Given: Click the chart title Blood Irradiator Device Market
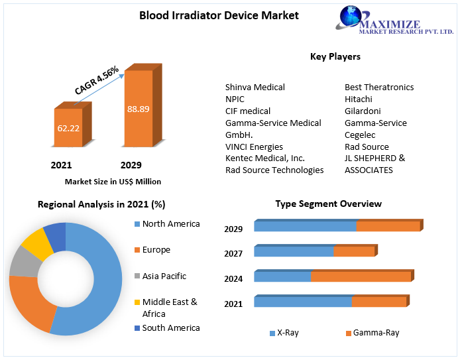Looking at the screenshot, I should (x=209, y=15).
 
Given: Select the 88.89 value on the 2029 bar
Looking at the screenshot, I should (x=138, y=109).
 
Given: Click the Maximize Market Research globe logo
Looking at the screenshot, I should (x=351, y=19).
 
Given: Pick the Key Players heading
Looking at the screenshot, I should (x=335, y=57).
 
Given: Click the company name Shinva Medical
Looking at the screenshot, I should (x=255, y=87).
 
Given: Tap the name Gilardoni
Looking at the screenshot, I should (x=363, y=111).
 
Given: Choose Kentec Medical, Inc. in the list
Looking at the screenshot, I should (x=264, y=158).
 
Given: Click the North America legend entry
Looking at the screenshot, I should (x=170, y=224).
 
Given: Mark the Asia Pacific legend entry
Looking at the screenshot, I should (x=164, y=276).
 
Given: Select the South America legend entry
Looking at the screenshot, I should (x=170, y=328).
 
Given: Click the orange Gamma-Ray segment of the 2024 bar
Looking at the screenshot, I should (x=361, y=276).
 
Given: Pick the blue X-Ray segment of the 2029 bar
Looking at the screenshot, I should (x=305, y=226).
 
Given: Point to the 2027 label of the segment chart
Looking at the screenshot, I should (x=233, y=254).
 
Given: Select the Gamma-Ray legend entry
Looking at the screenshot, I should (x=376, y=333).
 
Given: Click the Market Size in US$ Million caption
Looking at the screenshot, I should (x=113, y=181).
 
